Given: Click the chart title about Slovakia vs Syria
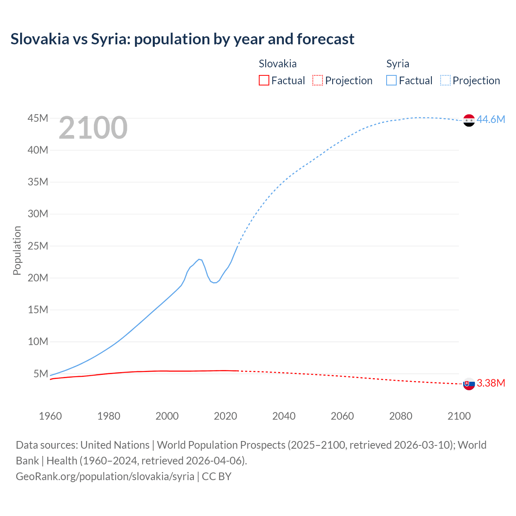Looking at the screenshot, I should click(x=182, y=39).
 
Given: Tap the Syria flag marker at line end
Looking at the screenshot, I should click(x=469, y=120).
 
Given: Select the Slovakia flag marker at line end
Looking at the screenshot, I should click(x=469, y=384).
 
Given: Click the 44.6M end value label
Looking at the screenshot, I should click(x=491, y=119).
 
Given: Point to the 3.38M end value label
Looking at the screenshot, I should click(x=491, y=383).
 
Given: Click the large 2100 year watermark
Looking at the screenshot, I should click(x=93, y=128).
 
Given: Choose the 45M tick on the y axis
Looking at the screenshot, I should click(x=38, y=118).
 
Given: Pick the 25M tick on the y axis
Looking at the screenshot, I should click(x=38, y=246).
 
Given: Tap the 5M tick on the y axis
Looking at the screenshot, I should click(x=41, y=374).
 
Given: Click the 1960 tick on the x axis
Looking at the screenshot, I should click(x=50, y=416).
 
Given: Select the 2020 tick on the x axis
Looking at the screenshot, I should click(x=225, y=416).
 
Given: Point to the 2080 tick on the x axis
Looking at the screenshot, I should click(x=401, y=416).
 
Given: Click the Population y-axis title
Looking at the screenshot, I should click(x=17, y=250).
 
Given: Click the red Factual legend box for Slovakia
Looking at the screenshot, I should click(x=264, y=80).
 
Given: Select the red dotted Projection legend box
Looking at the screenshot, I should click(x=318, y=80).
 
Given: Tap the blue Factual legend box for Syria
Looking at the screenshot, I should click(x=391, y=80).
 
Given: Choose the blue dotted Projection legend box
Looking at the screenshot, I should click(x=445, y=80).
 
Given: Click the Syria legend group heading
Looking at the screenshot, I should click(x=397, y=64).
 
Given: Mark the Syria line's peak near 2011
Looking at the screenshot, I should click(x=199, y=259).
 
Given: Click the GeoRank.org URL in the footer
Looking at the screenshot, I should click(x=105, y=476).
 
